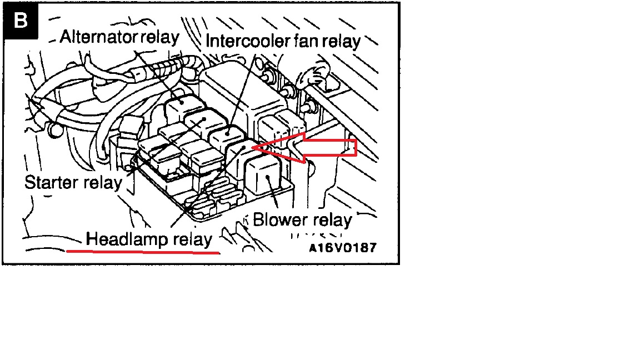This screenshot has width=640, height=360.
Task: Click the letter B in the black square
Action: click(x=21, y=21)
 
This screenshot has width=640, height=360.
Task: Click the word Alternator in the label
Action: click(x=99, y=37)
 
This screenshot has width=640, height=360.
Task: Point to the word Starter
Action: click(x=50, y=182)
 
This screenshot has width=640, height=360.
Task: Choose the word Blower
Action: click(x=278, y=219)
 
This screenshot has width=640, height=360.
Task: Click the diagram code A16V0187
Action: click(x=343, y=247)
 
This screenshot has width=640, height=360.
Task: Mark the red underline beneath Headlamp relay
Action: click(x=143, y=252)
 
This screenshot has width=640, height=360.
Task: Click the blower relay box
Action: click(x=263, y=176)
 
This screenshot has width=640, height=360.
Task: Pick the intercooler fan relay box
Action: click(x=227, y=137)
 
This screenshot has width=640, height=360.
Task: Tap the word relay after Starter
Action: click(x=101, y=182)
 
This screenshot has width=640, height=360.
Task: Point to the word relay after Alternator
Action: click(x=160, y=37)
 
